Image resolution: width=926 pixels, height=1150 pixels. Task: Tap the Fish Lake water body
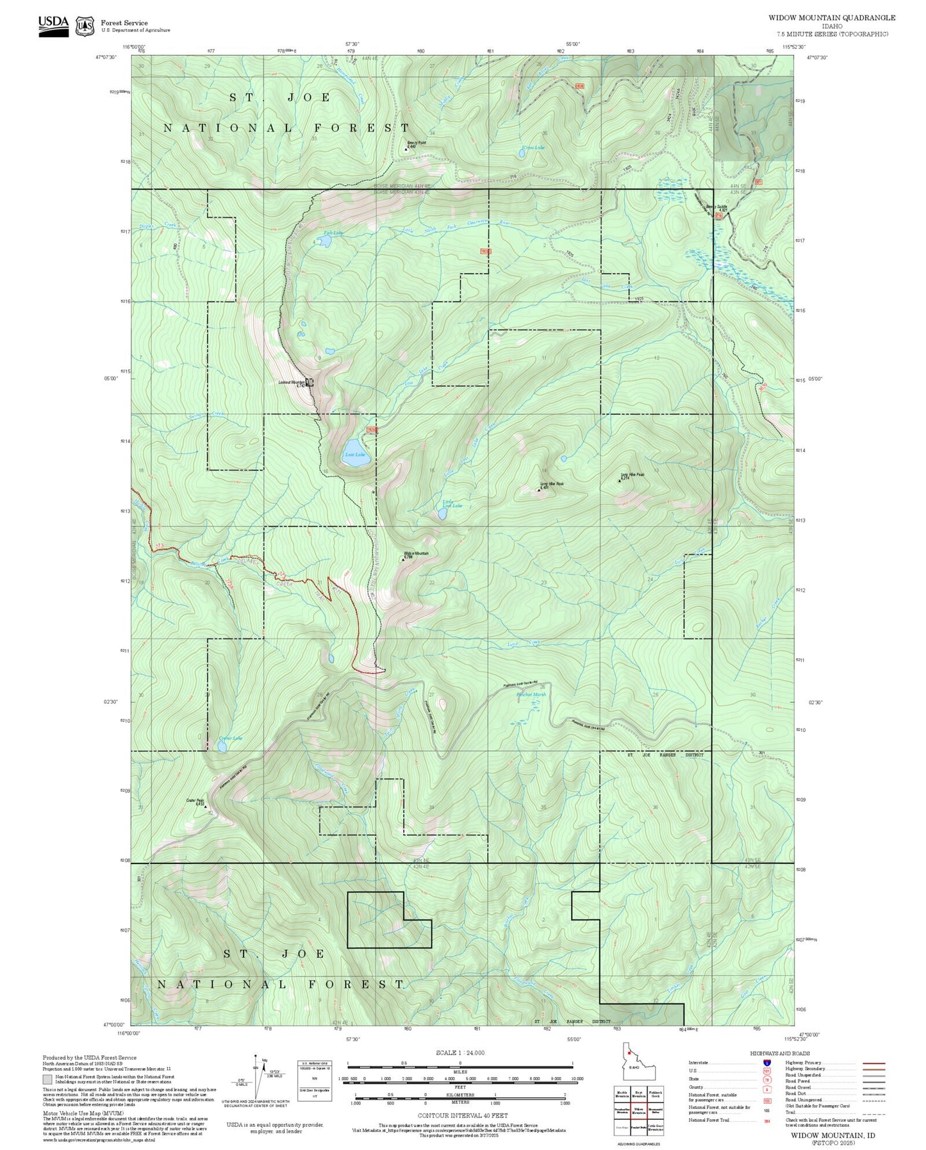click(x=324, y=241)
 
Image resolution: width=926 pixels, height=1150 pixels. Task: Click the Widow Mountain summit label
click(x=416, y=553)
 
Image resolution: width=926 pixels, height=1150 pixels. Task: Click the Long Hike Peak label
click(x=632, y=475)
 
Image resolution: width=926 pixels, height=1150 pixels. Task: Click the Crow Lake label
click(x=533, y=147)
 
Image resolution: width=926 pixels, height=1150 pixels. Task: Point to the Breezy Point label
click(x=415, y=143)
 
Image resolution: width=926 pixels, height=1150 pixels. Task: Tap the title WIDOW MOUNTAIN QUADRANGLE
click(x=832, y=18)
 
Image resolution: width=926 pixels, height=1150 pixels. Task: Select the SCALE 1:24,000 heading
click(x=460, y=1053)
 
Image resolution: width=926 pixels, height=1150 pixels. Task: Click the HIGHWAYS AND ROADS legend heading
click(x=780, y=1053)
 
